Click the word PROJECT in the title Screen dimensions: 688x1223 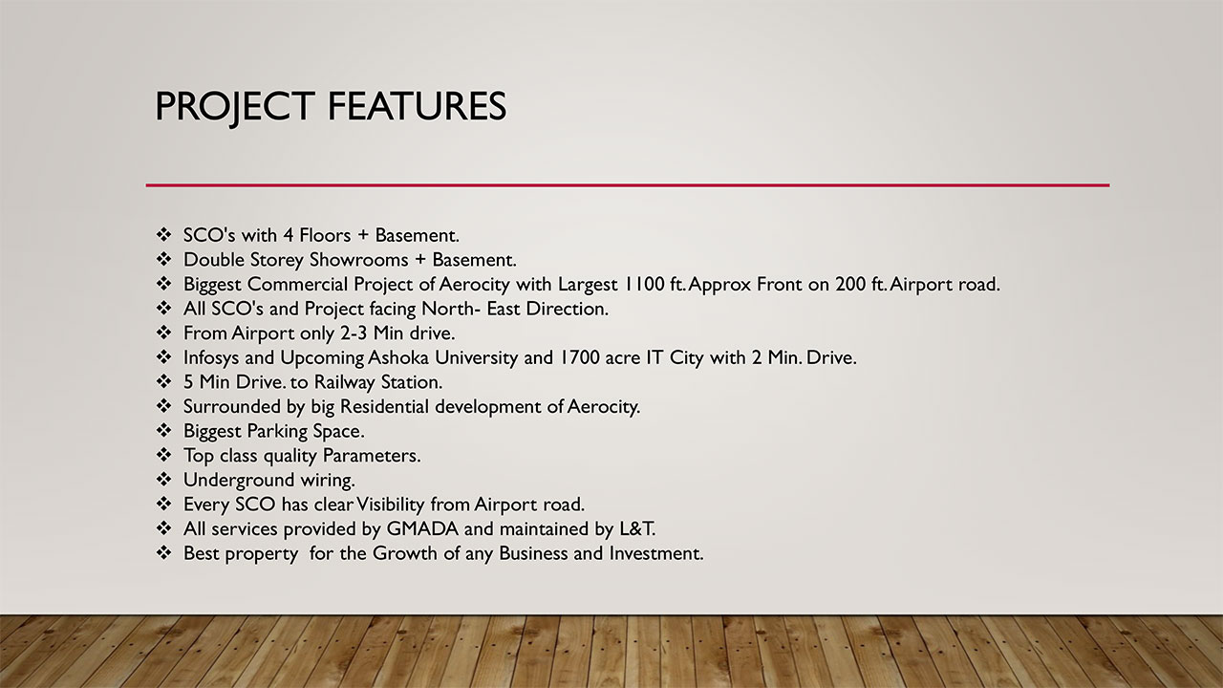[x=234, y=106]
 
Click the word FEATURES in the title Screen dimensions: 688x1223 [x=417, y=106]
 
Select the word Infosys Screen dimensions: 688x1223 [x=215, y=358]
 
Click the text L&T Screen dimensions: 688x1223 [x=636, y=528]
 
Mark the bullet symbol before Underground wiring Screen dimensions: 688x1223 [x=163, y=479]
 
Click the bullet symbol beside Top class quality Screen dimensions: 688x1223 [x=163, y=455]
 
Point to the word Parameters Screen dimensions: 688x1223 [x=371, y=456]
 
